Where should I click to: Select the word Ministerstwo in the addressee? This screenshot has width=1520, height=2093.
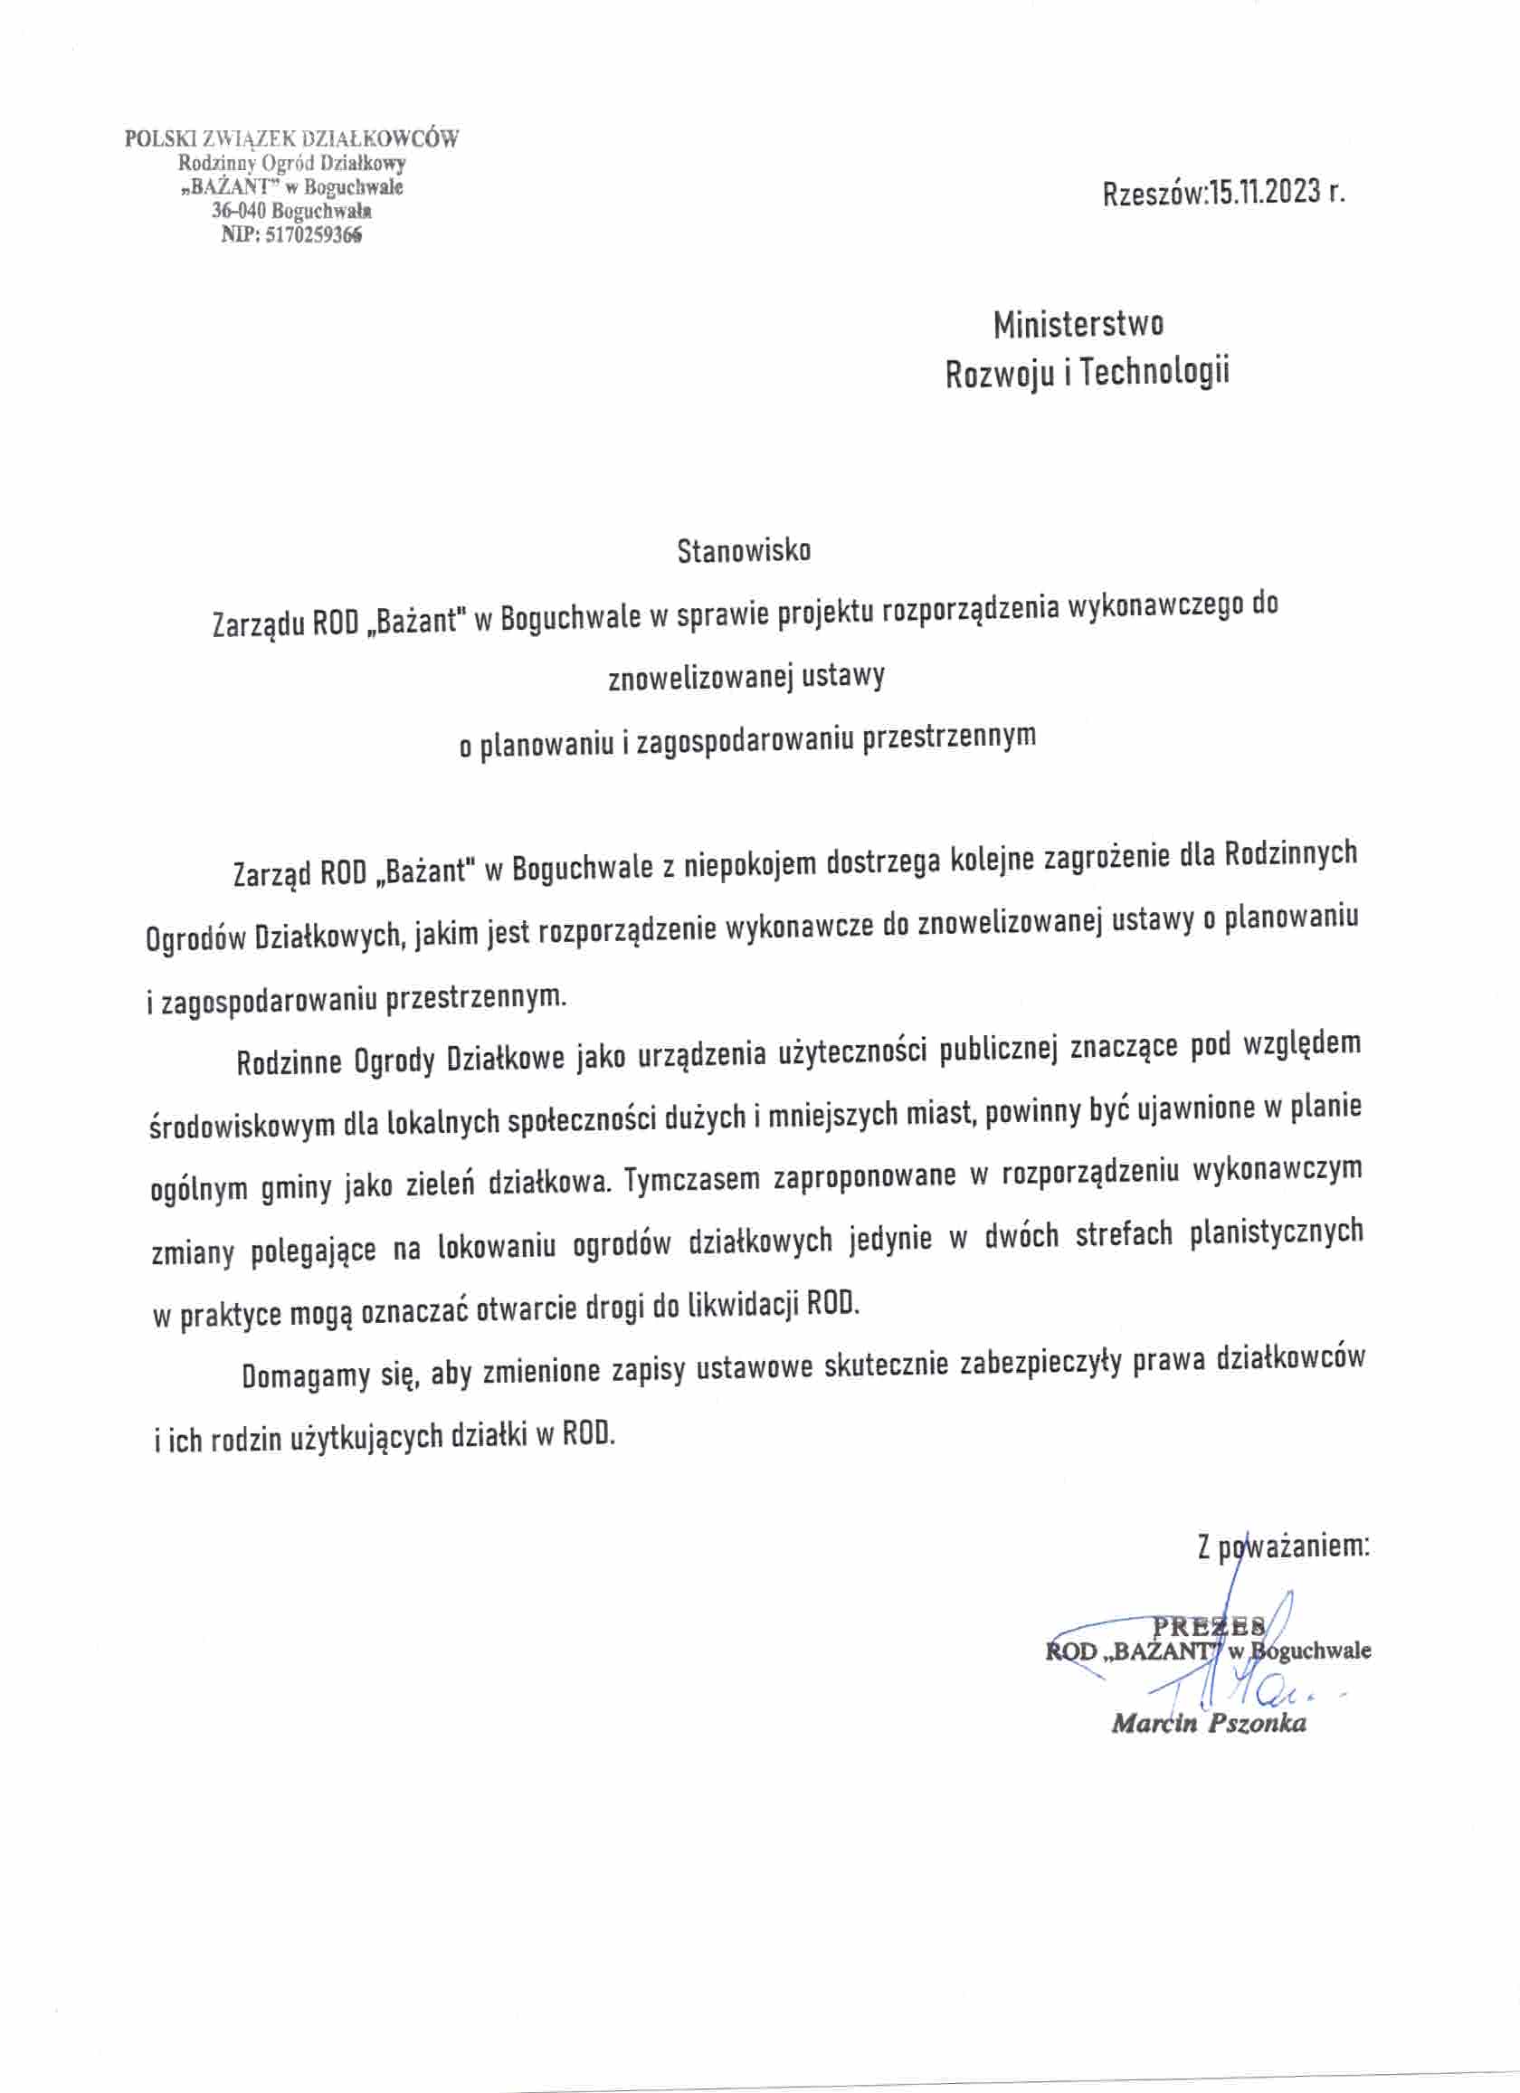pyautogui.click(x=1078, y=325)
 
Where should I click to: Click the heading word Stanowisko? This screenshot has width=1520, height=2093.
pyautogui.click(x=744, y=551)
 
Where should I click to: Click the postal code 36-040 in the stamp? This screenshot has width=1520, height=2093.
pyautogui.click(x=239, y=212)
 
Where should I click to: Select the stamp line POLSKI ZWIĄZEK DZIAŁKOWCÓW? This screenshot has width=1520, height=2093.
pyautogui.click(x=291, y=140)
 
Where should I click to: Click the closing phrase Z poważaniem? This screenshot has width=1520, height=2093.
pyautogui.click(x=1283, y=1546)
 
